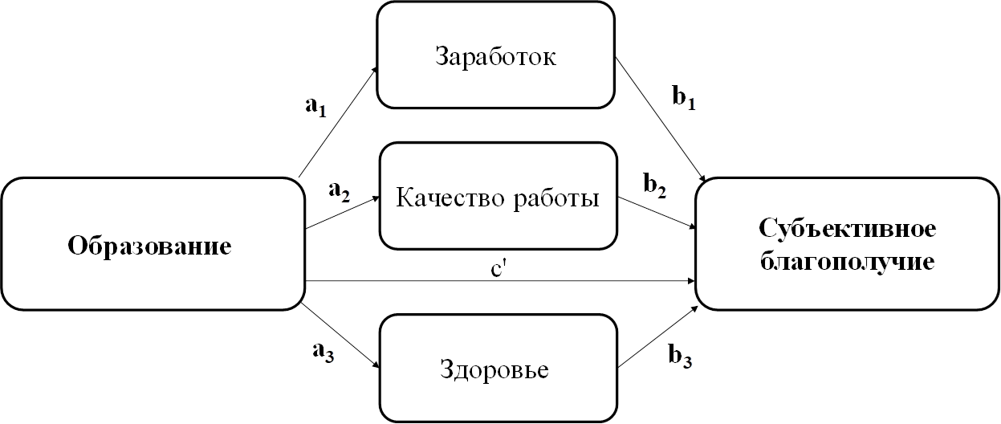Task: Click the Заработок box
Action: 495,55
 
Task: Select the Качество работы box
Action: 498,196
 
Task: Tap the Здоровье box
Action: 498,369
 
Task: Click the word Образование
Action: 149,246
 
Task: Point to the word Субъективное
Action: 847,230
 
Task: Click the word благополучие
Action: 847,262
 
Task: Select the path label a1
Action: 316,107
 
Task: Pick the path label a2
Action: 340,192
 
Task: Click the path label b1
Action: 684,97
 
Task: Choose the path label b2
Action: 655,185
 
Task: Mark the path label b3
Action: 680,357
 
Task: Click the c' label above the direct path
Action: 498,269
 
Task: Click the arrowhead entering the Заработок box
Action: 375,72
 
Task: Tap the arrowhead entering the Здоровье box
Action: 376,364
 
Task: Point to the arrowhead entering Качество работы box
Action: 375,199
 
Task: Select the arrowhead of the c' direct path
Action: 691,281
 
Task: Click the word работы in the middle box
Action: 556,198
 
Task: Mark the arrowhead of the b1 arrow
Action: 702,178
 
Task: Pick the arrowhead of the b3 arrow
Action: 694,309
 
